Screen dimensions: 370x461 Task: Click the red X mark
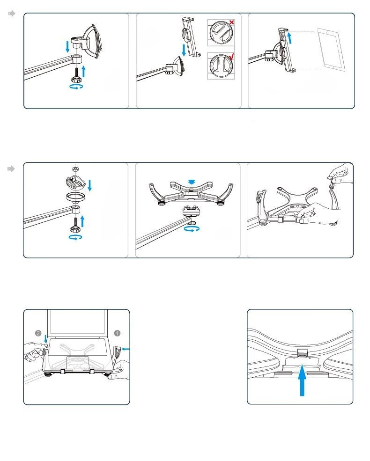(232, 22)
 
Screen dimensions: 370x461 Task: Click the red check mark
(232, 57)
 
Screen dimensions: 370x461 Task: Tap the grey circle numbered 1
(117, 333)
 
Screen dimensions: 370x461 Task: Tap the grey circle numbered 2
(38, 333)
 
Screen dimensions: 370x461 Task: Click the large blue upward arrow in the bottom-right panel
(302, 380)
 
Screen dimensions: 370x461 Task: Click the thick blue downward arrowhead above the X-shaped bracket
(192, 182)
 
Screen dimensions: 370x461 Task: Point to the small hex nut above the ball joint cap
(75, 169)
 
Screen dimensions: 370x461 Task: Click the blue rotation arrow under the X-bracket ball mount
(192, 228)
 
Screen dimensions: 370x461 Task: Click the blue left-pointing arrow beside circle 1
(126, 349)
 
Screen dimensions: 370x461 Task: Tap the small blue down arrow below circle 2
(45, 338)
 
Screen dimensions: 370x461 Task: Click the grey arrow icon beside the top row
(11, 13)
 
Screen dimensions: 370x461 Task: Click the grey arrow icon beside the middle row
(11, 169)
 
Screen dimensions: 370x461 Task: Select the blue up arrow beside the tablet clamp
(290, 38)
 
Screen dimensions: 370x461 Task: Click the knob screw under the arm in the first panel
(76, 75)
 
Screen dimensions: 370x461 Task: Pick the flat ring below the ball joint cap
(76, 197)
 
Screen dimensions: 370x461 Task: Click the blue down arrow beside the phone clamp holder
(184, 50)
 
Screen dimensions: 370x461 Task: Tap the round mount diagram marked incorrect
(221, 32)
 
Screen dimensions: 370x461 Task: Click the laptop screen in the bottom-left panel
(78, 322)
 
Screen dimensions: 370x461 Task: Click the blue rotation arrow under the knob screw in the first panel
(76, 87)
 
